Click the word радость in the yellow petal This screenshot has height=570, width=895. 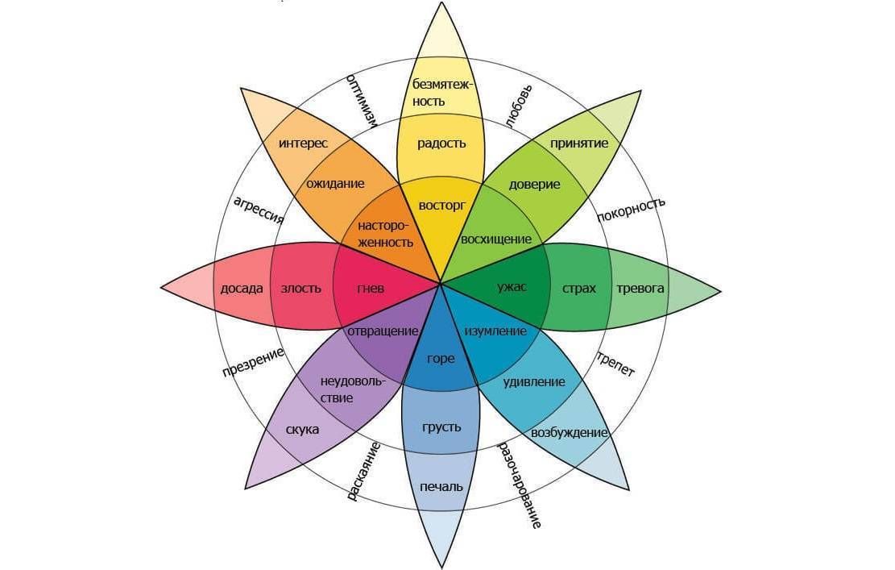click(x=441, y=144)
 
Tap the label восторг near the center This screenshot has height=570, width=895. click(x=441, y=205)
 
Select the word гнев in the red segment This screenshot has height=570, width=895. click(x=371, y=288)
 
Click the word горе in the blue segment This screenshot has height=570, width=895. click(x=441, y=359)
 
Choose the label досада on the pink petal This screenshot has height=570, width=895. click(x=242, y=288)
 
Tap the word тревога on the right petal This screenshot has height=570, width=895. click(x=640, y=288)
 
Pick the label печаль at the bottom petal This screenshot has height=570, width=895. click(x=441, y=486)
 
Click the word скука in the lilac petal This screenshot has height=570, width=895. click(x=302, y=429)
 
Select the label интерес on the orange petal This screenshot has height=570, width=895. click(x=303, y=144)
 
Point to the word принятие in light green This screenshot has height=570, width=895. click(x=579, y=144)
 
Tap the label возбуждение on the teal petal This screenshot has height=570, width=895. click(x=569, y=433)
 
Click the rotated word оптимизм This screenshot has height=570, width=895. click(x=363, y=101)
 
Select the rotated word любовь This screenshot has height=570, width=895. click(x=520, y=106)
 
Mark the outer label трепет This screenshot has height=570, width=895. click(x=616, y=364)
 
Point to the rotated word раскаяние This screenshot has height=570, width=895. click(x=363, y=472)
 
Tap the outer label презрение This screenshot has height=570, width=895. click(x=253, y=362)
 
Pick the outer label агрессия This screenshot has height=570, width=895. click(x=259, y=209)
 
